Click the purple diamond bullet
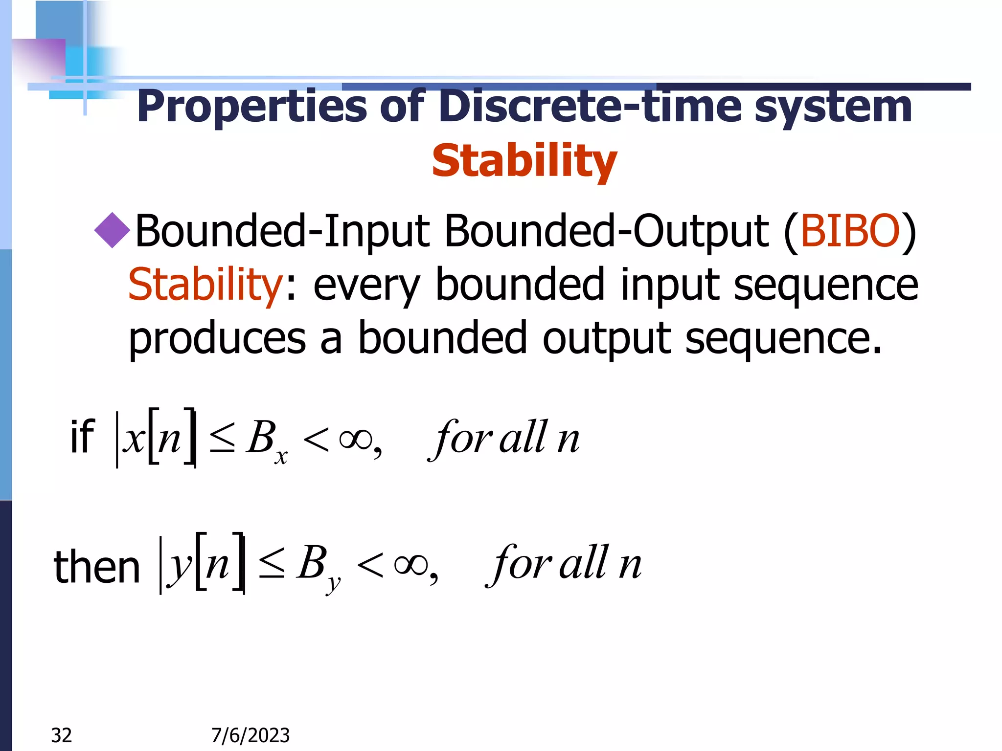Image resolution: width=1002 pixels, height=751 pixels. coord(112,230)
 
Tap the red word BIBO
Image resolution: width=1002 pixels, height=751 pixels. coord(849,231)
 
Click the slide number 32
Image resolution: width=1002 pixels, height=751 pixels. coord(62,735)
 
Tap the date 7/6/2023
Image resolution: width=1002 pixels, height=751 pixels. coord(250,735)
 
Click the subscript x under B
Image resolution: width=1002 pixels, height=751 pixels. coord(281,457)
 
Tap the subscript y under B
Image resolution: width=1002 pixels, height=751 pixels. coord(333,583)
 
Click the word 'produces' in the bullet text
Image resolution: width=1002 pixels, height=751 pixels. coord(217,338)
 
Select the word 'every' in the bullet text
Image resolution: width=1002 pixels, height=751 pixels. coord(366,286)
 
